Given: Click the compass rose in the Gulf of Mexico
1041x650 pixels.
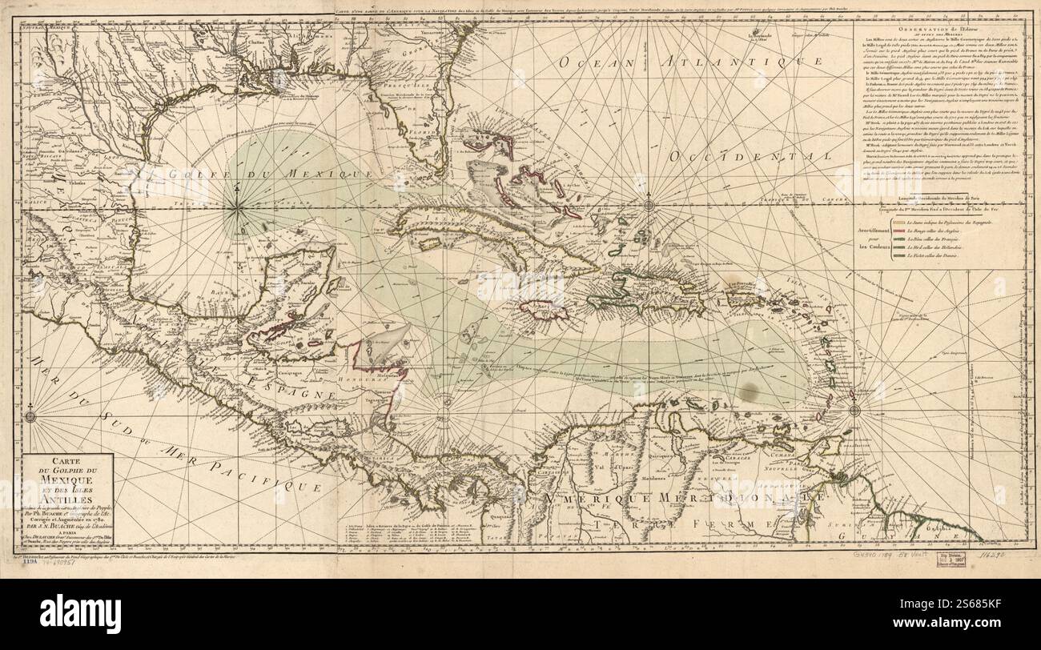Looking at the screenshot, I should point(238,209).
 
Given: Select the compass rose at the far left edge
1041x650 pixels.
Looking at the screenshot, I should point(31,415).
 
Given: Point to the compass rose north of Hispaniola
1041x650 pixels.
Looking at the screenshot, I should point(650,203).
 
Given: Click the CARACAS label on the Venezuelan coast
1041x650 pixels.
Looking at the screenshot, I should point(728,459).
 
